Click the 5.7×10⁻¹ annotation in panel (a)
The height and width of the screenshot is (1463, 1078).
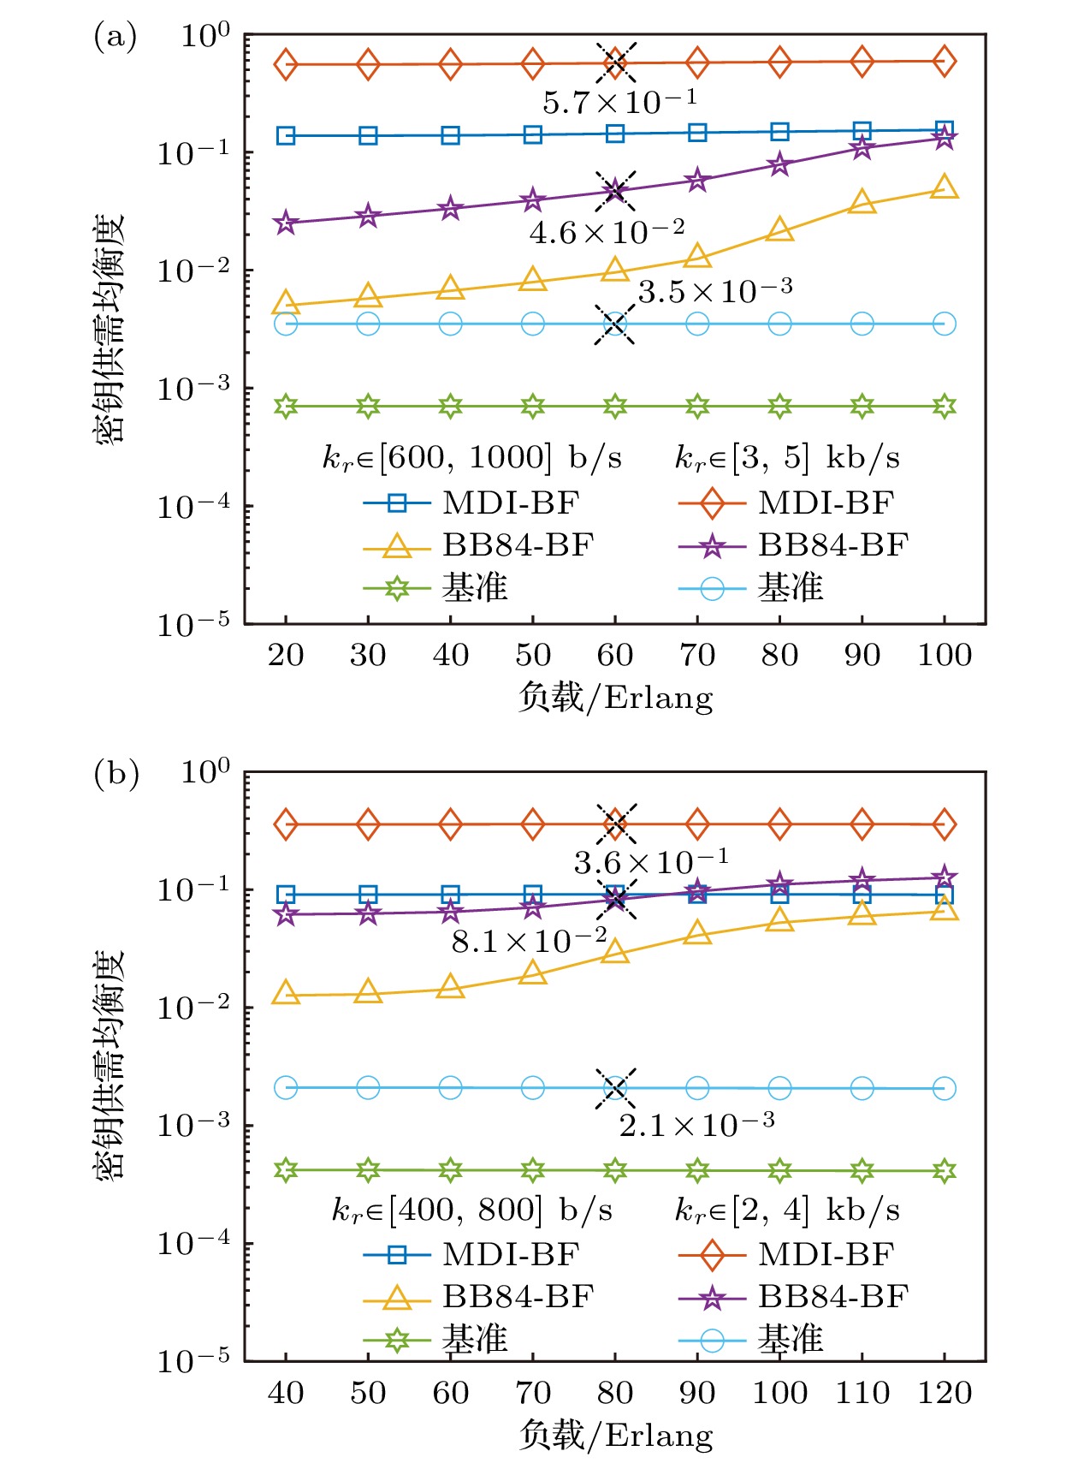pyautogui.click(x=619, y=103)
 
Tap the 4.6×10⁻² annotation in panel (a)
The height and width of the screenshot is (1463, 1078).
pyautogui.click(x=607, y=232)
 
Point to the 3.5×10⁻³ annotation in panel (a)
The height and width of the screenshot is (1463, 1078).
pyautogui.click(x=714, y=292)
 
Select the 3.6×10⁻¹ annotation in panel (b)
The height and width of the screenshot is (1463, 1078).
pyautogui.click(x=650, y=862)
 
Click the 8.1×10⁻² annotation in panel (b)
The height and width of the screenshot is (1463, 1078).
pyautogui.click(x=529, y=941)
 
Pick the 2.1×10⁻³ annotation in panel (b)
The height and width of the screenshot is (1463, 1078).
pyautogui.click(x=696, y=1125)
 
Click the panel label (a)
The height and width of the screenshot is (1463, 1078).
pyautogui.click(x=115, y=37)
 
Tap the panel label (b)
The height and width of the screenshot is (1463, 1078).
pyautogui.click(x=115, y=774)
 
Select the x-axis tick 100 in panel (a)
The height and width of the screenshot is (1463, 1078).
pyautogui.click(x=945, y=656)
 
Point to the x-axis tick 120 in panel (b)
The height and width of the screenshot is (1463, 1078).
pyautogui.click(x=945, y=1393)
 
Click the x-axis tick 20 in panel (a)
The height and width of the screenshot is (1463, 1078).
pyautogui.click(x=286, y=656)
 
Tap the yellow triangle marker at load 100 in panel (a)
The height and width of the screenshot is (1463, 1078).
pyautogui.click(x=945, y=187)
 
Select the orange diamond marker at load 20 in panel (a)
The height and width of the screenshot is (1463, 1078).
pyautogui.click(x=286, y=64)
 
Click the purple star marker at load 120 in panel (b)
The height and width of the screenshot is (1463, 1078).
pyautogui.click(x=945, y=877)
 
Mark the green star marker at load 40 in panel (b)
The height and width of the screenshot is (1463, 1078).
pyautogui.click(x=286, y=1170)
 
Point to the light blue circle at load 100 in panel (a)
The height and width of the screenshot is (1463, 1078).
pyautogui.click(x=945, y=324)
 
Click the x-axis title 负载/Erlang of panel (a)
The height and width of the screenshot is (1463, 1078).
pyautogui.click(x=615, y=698)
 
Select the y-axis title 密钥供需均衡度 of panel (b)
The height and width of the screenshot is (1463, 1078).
pyautogui.click(x=110, y=1066)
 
